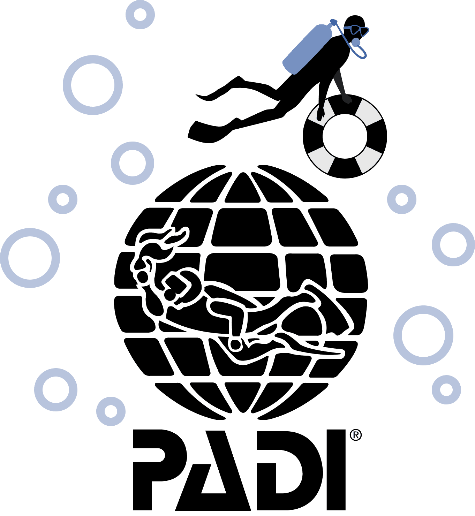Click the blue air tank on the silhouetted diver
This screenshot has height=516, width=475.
(307, 49)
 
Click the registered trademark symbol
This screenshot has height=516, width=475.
(355, 435)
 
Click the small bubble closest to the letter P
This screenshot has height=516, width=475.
(111, 411)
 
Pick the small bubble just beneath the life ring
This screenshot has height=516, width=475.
(401, 199)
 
